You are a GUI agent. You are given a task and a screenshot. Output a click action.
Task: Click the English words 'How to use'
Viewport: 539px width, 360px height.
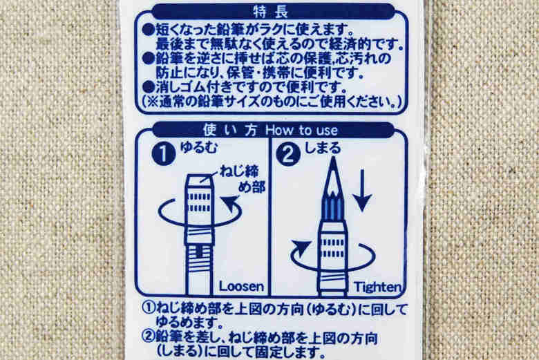pyautogui.click(x=301, y=131)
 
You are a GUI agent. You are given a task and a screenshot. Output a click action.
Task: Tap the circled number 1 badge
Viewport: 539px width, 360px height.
pyautogui.click(x=164, y=153)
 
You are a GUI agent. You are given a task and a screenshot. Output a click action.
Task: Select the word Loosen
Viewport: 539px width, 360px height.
pyautogui.click(x=241, y=287)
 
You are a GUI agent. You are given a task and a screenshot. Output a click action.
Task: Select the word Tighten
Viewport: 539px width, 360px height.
pyautogui.click(x=377, y=287)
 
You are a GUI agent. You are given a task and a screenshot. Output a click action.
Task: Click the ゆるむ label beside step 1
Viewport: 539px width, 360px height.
pyautogui.click(x=199, y=148)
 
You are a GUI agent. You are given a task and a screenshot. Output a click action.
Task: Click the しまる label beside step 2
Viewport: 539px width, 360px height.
pyautogui.click(x=323, y=148)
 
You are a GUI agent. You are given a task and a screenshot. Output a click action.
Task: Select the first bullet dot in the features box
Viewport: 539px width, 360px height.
pyautogui.click(x=148, y=30)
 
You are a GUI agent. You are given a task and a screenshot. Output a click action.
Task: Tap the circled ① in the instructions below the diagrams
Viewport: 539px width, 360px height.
pyautogui.click(x=149, y=308)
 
